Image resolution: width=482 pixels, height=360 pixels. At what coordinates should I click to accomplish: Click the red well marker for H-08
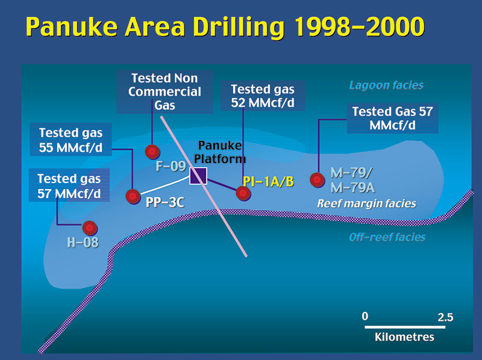point(90,228)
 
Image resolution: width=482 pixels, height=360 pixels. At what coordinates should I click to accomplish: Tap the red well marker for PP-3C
point(133,196)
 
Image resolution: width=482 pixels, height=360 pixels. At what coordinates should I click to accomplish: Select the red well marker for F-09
point(152,152)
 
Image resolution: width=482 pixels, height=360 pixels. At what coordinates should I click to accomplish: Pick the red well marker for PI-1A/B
point(243,193)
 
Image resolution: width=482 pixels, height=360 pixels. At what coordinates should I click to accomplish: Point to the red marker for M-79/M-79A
point(318,180)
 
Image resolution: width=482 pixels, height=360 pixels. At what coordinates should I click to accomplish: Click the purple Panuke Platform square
point(198,176)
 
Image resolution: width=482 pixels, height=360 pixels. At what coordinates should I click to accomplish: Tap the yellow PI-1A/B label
point(268,182)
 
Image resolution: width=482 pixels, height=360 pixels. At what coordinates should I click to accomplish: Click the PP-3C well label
point(164,202)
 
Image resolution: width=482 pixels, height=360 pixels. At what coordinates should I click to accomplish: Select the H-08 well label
point(83,243)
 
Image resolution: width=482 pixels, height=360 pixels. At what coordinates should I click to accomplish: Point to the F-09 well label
point(171,166)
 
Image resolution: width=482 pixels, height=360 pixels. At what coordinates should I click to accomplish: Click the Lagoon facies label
point(386,85)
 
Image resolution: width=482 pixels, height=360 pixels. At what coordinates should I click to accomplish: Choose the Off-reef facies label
point(387,237)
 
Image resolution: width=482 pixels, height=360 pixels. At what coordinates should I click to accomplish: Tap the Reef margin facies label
point(366,203)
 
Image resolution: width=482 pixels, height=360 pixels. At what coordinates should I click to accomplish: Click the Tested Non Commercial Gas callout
point(164,92)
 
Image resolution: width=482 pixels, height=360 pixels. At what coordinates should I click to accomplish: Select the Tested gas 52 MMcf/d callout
point(263,96)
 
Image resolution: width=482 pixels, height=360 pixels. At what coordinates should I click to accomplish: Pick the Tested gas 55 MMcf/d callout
point(70,140)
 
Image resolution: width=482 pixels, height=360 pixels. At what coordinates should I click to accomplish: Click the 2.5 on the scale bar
point(445,317)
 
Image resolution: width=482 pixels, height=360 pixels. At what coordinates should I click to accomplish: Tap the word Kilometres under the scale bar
point(404,337)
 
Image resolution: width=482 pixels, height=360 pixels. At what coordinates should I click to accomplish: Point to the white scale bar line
point(405,327)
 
